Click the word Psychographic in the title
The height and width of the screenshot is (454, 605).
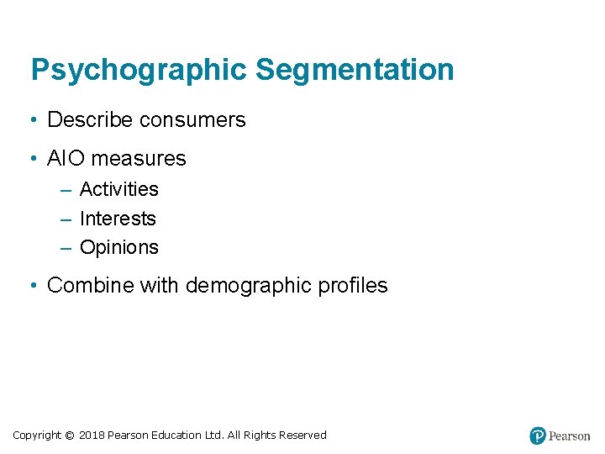[139, 70]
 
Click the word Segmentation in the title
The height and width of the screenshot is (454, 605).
[355, 70]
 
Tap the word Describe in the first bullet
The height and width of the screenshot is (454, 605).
[91, 120]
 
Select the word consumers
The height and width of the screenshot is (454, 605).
[192, 120]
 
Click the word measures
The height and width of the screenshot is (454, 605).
[139, 158]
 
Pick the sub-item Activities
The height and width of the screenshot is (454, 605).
[118, 189]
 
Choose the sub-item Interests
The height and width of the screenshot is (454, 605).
[118, 219]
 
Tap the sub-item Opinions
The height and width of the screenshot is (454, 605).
[118, 247]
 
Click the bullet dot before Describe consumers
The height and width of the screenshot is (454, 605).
[31, 120]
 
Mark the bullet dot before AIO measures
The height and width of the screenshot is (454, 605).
[31, 158]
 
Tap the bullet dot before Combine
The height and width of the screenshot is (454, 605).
[31, 286]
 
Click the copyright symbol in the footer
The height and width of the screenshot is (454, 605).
[70, 436]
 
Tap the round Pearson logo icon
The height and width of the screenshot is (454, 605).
[538, 436]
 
